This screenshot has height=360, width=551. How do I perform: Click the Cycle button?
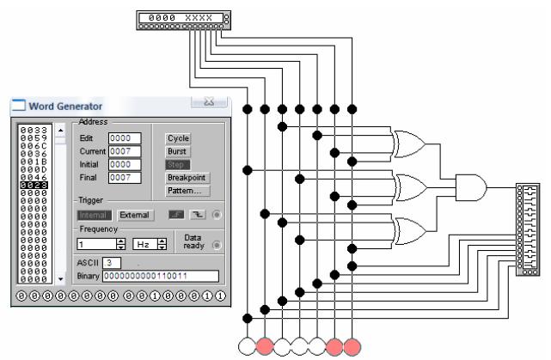coord(178,138)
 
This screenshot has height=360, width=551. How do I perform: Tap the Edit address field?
coord(124,138)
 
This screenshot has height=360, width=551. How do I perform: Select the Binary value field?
coord(160,276)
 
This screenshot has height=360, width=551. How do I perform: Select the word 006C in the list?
coord(32,143)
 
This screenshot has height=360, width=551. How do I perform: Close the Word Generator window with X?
coord(207,102)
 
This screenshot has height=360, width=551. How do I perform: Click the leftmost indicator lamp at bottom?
coord(248,345)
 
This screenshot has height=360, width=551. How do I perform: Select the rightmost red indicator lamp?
coord(352,345)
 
